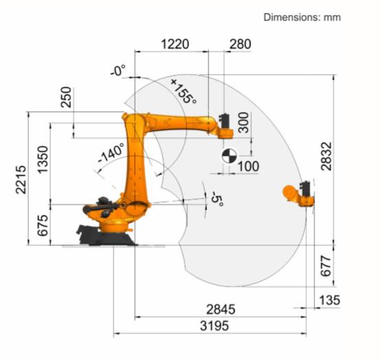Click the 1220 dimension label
(x=175, y=44)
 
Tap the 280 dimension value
(x=240, y=44)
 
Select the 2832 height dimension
(x=326, y=156)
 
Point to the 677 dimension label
(x=326, y=266)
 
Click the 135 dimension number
(x=329, y=300)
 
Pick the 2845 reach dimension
(x=221, y=309)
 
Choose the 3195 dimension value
(x=215, y=326)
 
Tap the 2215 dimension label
(x=21, y=179)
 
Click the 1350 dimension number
(x=43, y=159)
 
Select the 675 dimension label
(x=43, y=225)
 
